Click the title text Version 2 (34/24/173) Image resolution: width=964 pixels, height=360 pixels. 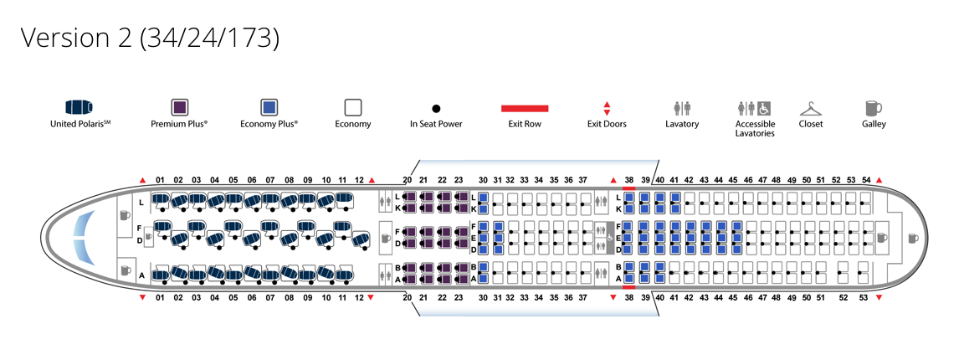coord(150,38)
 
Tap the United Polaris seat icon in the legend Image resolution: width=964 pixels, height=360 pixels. coord(79,107)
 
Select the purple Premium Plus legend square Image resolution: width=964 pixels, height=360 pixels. coord(179,107)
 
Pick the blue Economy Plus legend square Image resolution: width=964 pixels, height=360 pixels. coord(269,107)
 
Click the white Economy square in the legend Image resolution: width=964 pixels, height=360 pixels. coord(352,107)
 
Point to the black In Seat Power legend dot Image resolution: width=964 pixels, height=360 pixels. coord(436,109)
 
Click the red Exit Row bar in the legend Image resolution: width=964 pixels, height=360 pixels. coord(525,108)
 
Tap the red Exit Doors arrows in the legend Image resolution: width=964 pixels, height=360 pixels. coord(607,108)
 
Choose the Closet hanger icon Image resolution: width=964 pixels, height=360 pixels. coord(810,108)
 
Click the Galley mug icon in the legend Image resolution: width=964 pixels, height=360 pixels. coord(873,108)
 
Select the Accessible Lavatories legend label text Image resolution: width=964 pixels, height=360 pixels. coord(754,129)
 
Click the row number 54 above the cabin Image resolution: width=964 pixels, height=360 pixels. coord(866,180)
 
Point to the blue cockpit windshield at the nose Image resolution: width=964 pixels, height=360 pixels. coord(81,237)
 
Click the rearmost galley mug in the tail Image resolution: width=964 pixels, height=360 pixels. coord(912,238)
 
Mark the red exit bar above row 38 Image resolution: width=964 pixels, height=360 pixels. coord(629,189)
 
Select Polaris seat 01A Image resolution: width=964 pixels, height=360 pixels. coord(160,274)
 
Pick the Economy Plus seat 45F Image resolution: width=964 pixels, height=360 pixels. coord(736,227)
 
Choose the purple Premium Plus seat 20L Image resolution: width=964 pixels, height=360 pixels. coord(409,198)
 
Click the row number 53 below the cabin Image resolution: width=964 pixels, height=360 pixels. coord(862,297)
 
